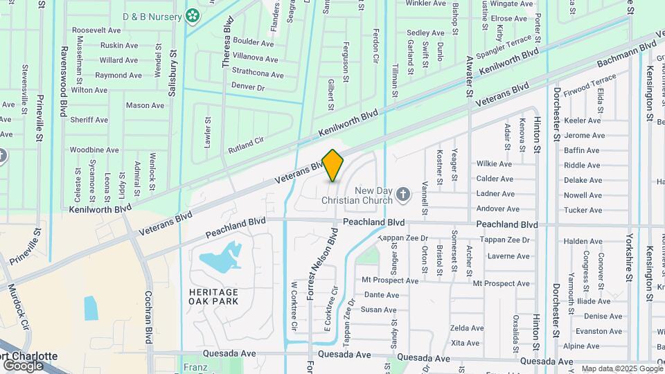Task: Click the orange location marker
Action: coord(333,165)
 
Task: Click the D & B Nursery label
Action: coord(152,16)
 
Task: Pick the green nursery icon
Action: coord(192,15)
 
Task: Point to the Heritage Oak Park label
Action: coord(213,296)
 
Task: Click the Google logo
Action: coord(23,365)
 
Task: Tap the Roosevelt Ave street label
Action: coord(96,30)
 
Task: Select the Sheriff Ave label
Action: coord(89,120)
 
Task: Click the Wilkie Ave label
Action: coord(494,164)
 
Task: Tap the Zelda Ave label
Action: coord(465,328)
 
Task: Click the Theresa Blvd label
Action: coord(226,47)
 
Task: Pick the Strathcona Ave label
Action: coord(258,75)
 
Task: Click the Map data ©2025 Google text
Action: coord(621,368)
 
